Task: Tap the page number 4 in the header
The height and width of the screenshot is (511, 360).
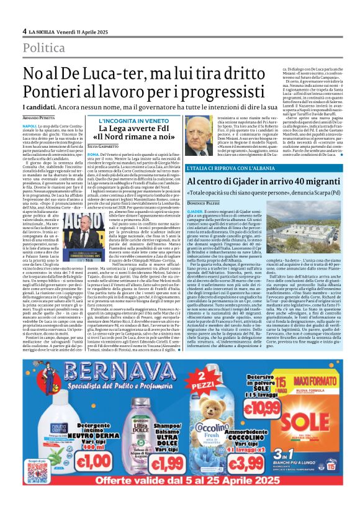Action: (x=24, y=30)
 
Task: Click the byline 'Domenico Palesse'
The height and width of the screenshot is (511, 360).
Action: (x=204, y=204)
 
